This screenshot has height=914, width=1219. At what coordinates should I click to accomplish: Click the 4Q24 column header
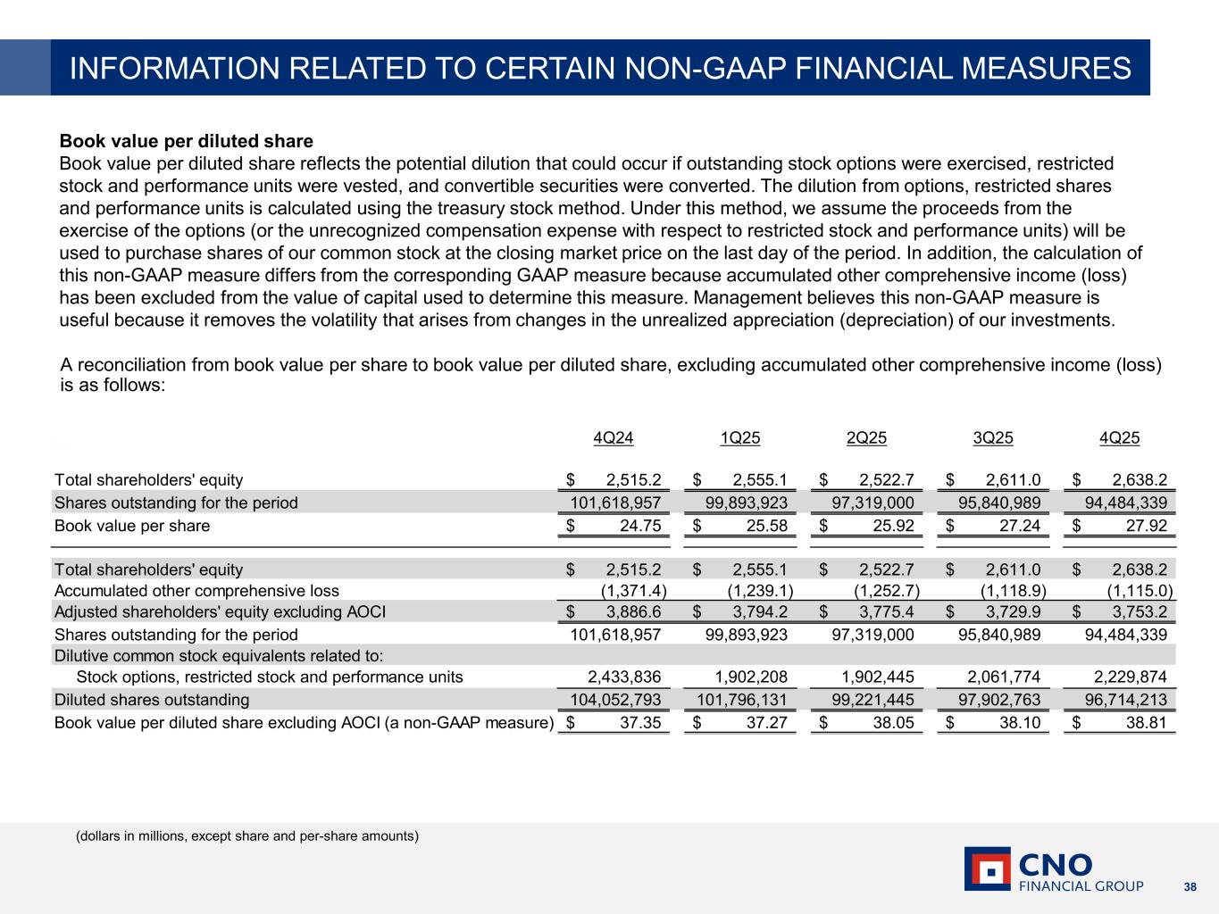tap(614, 437)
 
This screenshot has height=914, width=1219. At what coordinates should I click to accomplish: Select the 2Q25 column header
tap(866, 437)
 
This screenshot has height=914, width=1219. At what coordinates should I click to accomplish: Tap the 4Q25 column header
tap(1120, 437)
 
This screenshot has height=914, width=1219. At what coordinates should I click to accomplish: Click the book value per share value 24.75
tap(640, 526)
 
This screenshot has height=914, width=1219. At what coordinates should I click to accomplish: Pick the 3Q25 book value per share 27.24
tap(1019, 526)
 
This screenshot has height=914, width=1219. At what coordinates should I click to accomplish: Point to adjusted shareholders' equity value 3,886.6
tap(633, 611)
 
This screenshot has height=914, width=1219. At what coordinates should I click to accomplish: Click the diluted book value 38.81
tap(1146, 723)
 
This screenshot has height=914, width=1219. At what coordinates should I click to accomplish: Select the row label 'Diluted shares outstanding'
tap(152, 700)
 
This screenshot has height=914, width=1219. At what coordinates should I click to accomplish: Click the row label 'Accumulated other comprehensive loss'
tap(196, 590)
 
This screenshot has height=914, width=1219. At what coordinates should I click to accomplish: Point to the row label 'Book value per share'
tap(132, 526)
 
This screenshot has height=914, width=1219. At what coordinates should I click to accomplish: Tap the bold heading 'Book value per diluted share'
tap(186, 141)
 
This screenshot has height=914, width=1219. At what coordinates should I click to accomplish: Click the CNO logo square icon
tap(987, 868)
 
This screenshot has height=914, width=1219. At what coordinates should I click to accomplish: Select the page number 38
tap(1190, 886)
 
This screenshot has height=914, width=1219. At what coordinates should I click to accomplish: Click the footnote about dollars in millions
tap(246, 836)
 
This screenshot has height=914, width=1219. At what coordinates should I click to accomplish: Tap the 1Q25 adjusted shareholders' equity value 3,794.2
tap(760, 611)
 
